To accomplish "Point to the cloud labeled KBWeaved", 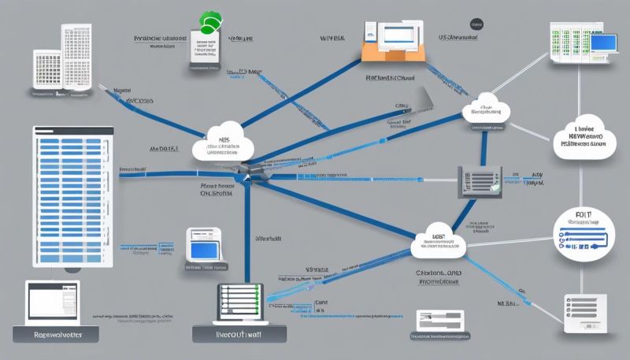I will [584, 135].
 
